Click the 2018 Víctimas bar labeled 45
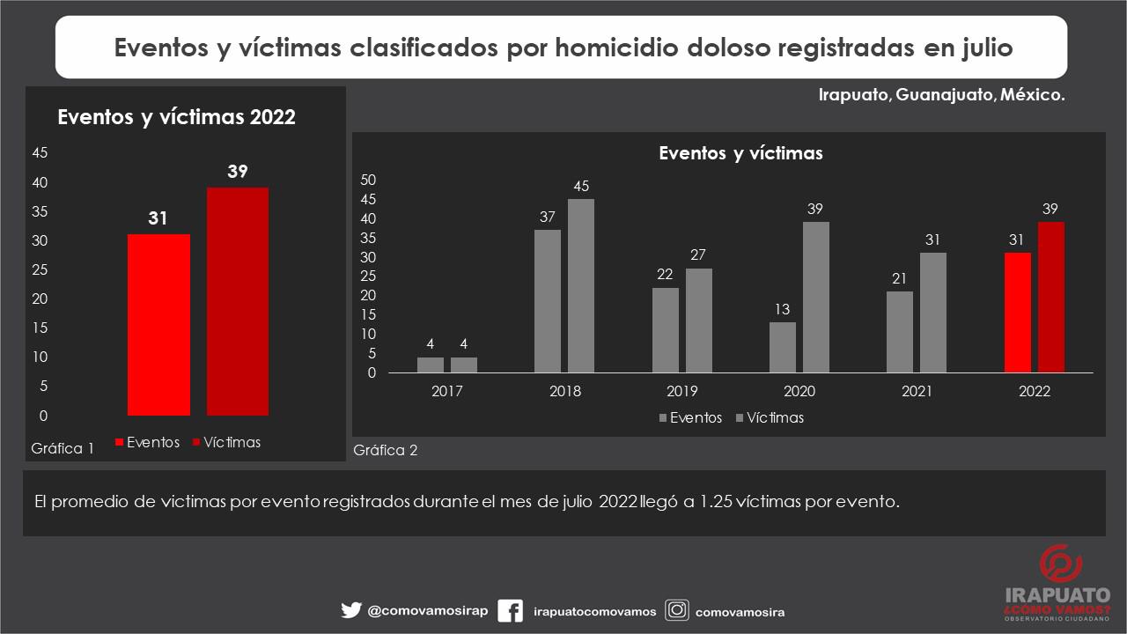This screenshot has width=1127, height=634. (x=581, y=285)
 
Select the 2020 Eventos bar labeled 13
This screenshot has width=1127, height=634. (x=783, y=347)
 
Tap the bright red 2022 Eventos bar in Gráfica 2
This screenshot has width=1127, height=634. (x=1018, y=313)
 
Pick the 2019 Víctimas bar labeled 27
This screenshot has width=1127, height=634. (x=699, y=321)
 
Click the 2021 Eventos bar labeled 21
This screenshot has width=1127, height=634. (x=900, y=332)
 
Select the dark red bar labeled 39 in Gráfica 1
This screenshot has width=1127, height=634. (x=238, y=301)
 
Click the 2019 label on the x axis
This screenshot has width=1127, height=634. (x=682, y=392)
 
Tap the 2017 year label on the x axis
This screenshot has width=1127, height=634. (x=447, y=392)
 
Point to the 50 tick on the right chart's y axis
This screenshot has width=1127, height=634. (x=369, y=180)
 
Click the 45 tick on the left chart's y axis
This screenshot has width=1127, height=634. (x=40, y=152)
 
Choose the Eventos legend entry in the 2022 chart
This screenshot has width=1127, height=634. (x=147, y=443)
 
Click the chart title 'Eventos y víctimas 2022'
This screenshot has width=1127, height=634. (x=176, y=117)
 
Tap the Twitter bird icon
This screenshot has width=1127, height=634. (x=351, y=610)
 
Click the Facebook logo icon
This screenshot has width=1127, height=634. (x=510, y=610)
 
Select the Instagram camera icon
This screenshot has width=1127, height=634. (x=677, y=610)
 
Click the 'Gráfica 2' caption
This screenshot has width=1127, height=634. (x=386, y=451)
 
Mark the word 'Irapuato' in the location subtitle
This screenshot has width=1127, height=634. (x=854, y=95)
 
